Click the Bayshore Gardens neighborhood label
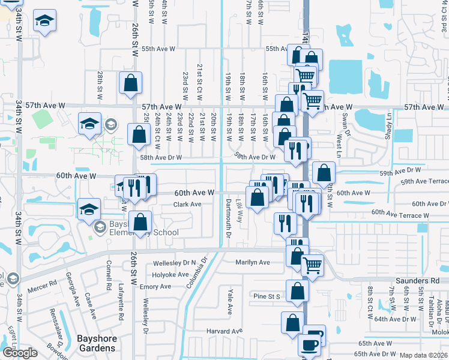(96, 344)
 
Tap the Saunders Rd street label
(418, 281)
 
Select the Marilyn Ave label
(253, 262)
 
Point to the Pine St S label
(267, 296)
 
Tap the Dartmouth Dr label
(228, 220)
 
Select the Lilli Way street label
(240, 212)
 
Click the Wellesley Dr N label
(175, 263)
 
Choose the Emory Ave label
(155, 287)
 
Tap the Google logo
(19, 353)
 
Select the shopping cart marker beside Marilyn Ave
(312, 264)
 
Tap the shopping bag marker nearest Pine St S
(297, 292)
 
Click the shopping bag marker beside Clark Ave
(140, 223)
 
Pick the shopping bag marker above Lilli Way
(257, 197)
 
